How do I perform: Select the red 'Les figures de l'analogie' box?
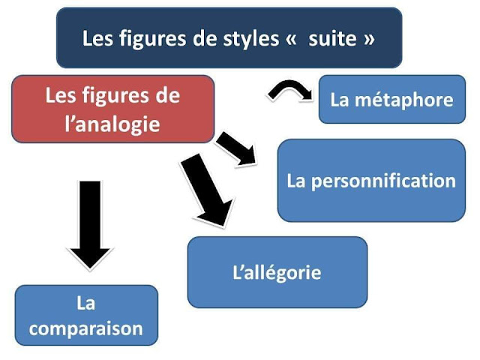[113, 109]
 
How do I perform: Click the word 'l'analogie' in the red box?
[112, 123]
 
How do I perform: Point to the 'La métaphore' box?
[391, 100]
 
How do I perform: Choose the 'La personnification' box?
[370, 181]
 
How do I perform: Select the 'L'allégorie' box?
[277, 271]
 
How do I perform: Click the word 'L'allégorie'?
[277, 271]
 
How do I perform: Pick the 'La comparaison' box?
[86, 315]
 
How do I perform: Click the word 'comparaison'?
[86, 328]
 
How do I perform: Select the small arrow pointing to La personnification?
[237, 148]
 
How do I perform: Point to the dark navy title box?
[229, 37]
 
